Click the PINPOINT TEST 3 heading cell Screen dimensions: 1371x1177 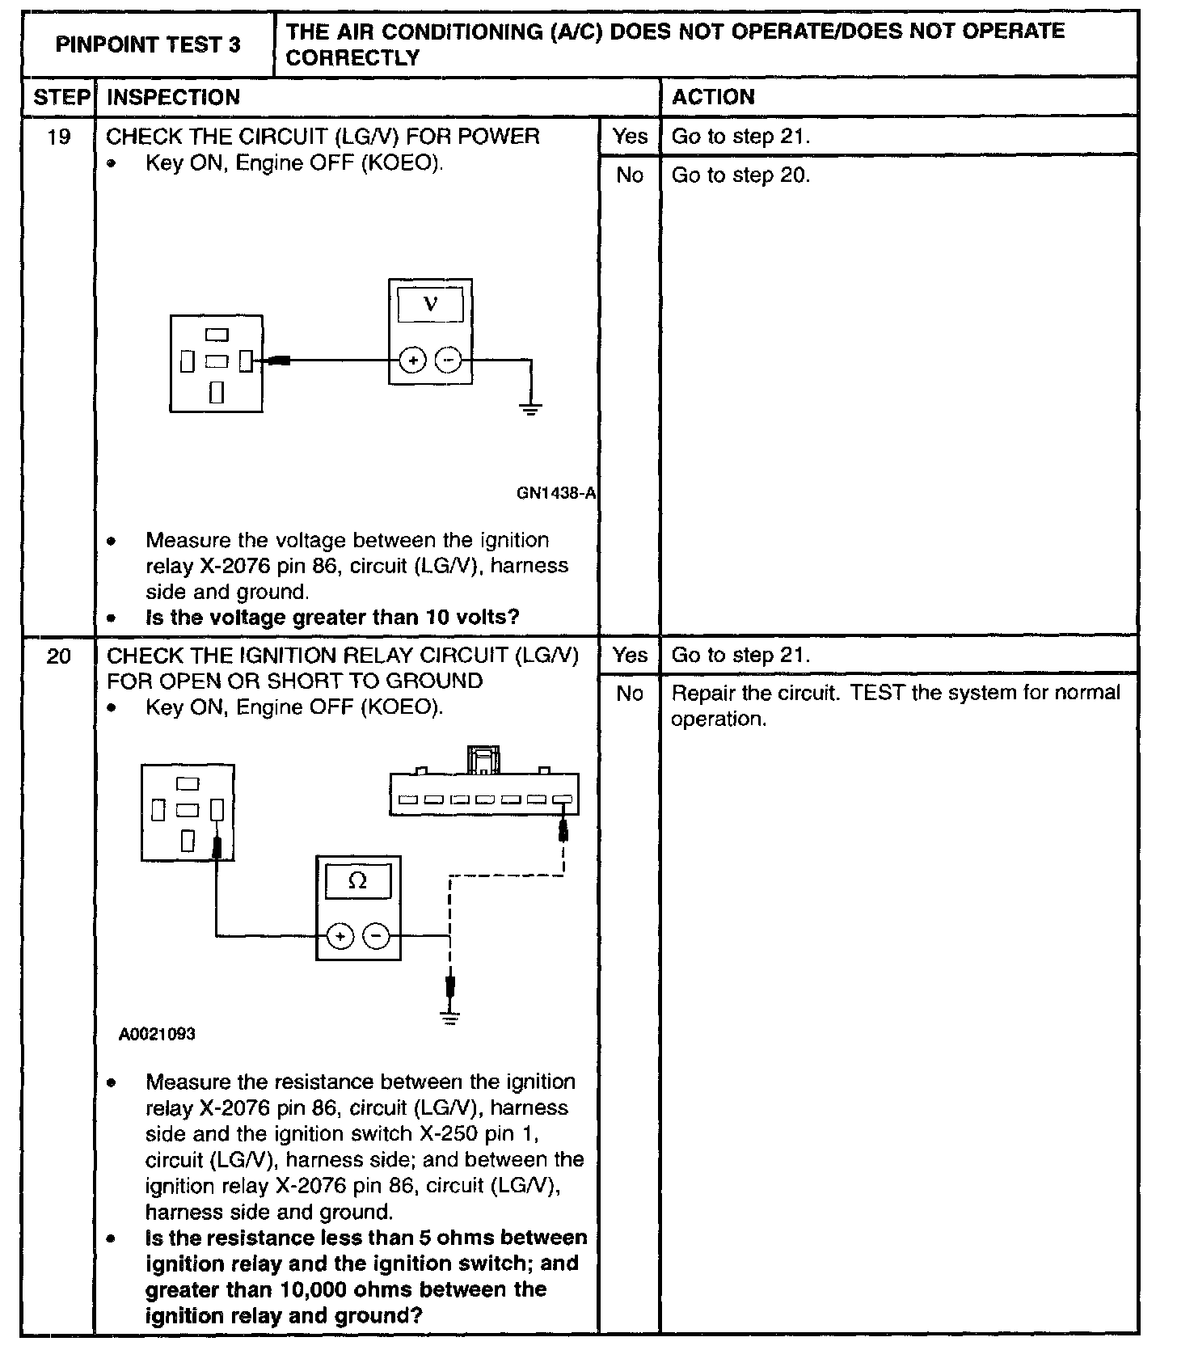(x=148, y=44)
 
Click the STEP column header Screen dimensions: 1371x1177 (x=61, y=98)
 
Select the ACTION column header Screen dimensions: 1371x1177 (x=713, y=98)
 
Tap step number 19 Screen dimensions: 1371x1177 (x=58, y=137)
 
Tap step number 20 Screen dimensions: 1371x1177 (x=58, y=656)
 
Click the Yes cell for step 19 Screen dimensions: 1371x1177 (x=630, y=137)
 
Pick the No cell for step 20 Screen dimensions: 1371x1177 (x=630, y=694)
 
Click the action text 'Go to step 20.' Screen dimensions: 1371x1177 (x=740, y=175)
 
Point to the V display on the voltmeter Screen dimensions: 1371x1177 (x=431, y=306)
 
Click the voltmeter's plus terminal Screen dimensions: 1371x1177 (x=413, y=361)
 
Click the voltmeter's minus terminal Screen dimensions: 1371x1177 (x=449, y=361)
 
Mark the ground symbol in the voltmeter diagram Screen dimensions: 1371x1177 (x=531, y=408)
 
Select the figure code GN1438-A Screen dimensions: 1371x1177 (x=556, y=493)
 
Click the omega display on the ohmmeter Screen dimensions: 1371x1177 (x=357, y=882)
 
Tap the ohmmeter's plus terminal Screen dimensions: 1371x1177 (x=341, y=937)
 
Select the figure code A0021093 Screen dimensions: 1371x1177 (x=157, y=1034)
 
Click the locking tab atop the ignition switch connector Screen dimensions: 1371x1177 (x=483, y=759)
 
